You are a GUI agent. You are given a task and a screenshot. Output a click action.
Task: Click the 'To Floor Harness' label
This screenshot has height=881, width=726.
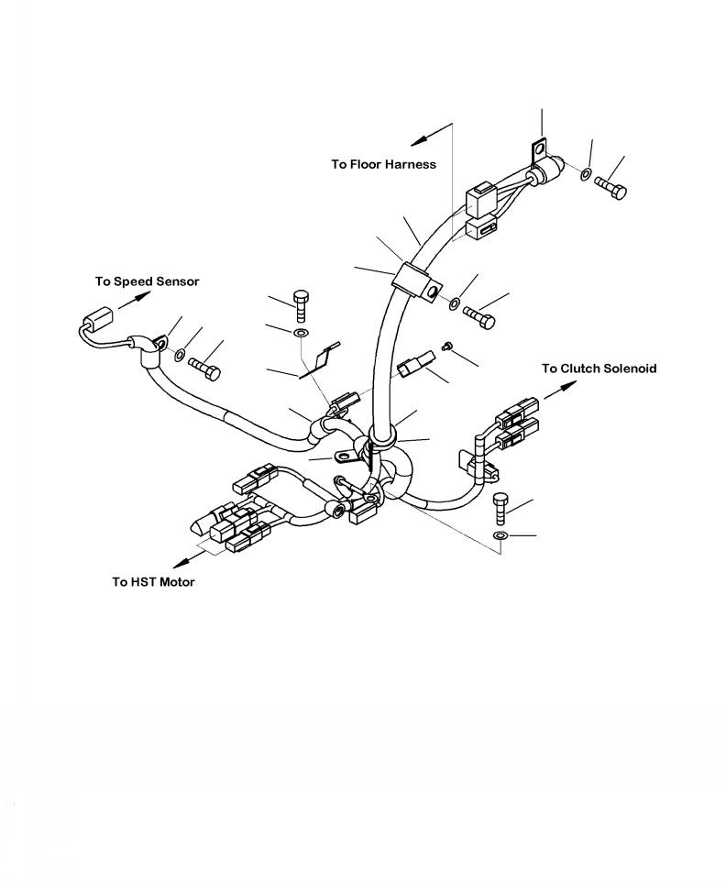coord(383,165)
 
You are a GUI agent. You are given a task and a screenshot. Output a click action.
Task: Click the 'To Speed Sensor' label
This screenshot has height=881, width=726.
coord(147,281)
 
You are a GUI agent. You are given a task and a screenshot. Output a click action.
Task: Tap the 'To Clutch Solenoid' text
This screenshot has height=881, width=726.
coord(599,369)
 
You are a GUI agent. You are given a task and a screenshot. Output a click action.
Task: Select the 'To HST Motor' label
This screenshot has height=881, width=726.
coord(153,582)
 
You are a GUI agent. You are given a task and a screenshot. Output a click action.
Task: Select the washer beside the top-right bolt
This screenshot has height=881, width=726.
coord(585,172)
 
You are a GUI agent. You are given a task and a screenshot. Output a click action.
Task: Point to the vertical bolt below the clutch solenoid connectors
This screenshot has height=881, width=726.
coord(500,508)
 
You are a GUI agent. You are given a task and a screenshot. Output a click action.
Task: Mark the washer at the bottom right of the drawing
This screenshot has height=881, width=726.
coord(500,534)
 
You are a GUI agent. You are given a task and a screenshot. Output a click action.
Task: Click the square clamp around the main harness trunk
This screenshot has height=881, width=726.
coord(414,281)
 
